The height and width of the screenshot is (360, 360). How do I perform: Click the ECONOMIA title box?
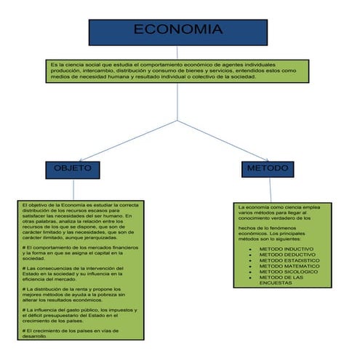[178, 31]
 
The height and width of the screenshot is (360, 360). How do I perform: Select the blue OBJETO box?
[72, 169]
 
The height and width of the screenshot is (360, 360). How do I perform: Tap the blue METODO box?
[268, 169]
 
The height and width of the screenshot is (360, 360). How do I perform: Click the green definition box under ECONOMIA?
[178, 71]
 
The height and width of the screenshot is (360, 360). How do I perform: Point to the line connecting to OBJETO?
[128, 140]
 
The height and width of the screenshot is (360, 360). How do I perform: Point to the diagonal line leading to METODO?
[225, 140]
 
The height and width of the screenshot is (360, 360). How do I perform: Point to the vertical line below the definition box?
[178, 102]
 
